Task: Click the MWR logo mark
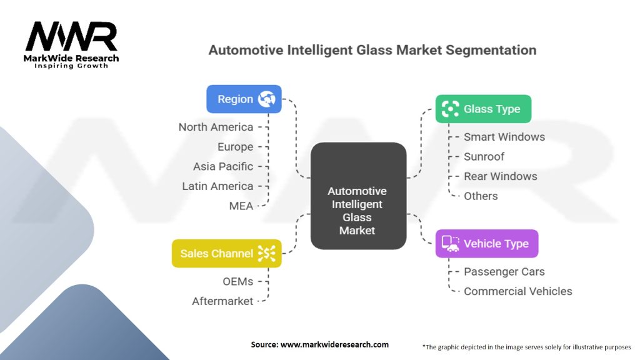click(x=71, y=36)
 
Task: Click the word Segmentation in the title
click(x=491, y=50)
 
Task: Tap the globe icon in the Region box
click(x=266, y=99)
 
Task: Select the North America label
click(x=216, y=127)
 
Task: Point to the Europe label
click(x=235, y=146)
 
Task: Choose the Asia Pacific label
click(x=223, y=166)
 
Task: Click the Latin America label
click(x=217, y=186)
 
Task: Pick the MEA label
click(x=241, y=206)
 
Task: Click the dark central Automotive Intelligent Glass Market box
click(x=358, y=196)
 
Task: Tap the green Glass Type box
click(x=483, y=109)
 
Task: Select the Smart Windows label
click(x=504, y=137)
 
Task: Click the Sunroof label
click(x=484, y=156)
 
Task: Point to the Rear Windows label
click(x=501, y=176)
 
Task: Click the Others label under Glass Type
click(x=481, y=196)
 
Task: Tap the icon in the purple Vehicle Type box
click(x=450, y=244)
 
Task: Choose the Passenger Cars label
click(x=504, y=271)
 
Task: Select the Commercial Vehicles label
click(x=518, y=291)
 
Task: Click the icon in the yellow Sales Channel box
click(x=266, y=254)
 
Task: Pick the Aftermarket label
click(x=222, y=301)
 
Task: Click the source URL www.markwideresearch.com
click(x=335, y=344)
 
